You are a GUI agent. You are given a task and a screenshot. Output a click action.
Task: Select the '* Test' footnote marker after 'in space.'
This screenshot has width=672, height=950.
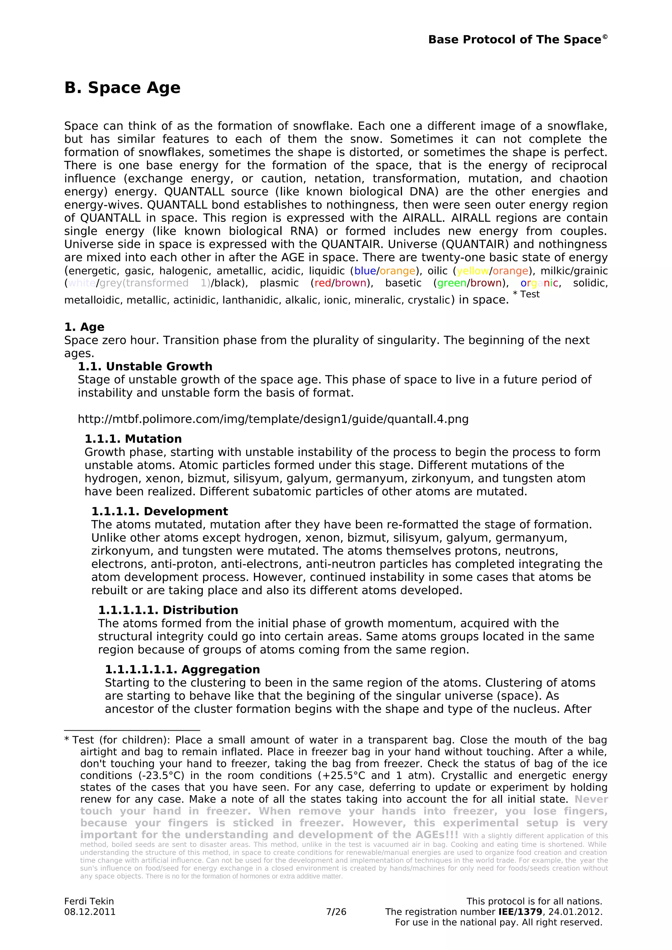[526, 294]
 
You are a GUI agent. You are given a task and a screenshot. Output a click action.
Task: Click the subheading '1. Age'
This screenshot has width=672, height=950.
[84, 327]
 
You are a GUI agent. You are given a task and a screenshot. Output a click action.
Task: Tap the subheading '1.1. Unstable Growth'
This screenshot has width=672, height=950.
[145, 366]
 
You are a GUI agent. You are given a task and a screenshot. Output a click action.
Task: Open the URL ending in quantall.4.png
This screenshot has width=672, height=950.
[273, 419]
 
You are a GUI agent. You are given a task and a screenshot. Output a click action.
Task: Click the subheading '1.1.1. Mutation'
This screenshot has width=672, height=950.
[133, 439]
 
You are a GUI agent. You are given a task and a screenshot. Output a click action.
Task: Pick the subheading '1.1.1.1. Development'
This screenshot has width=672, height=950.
[159, 511]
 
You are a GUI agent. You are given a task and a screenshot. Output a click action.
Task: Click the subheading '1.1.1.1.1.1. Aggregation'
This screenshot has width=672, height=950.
[182, 669]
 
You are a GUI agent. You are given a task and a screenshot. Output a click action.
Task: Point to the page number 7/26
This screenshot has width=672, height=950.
[336, 912]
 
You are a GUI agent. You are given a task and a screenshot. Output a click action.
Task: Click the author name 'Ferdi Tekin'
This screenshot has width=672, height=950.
[89, 901]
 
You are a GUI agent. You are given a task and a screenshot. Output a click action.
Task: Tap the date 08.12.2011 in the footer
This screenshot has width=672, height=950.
[90, 912]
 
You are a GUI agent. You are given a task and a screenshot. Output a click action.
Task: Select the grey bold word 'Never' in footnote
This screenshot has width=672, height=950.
[591, 800]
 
